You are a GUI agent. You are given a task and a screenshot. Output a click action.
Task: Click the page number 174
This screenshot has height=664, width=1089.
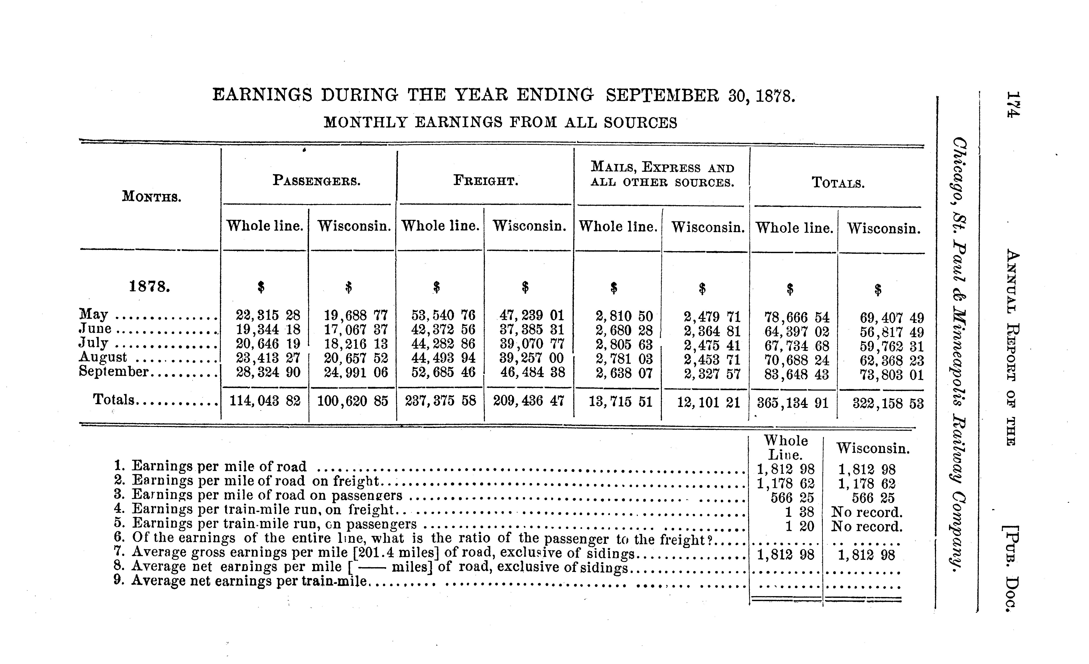1012,105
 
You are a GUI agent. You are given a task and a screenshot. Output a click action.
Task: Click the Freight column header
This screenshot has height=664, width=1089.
485,181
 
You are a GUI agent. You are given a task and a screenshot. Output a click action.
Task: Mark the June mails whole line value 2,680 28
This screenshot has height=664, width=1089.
624,330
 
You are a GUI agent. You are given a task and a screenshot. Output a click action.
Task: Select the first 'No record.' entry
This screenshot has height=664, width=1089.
866,512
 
